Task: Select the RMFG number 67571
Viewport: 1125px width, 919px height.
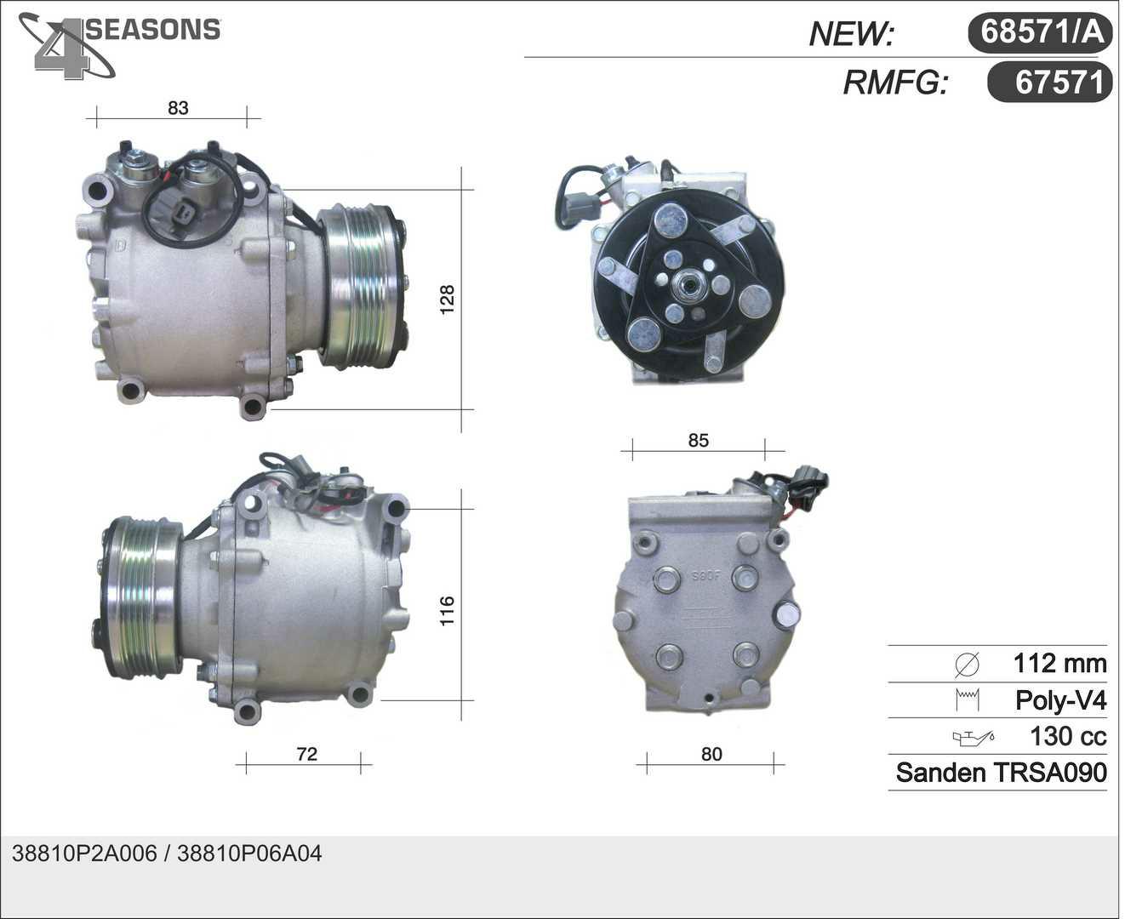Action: point(1059,83)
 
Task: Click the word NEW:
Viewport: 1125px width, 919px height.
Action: point(851,33)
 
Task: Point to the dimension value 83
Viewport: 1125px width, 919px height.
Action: point(178,108)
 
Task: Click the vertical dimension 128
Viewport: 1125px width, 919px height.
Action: point(447,300)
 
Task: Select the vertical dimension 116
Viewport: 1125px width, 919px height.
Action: point(447,611)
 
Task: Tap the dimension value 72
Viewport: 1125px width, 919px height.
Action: point(306,754)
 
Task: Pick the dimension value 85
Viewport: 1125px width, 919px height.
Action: point(699,440)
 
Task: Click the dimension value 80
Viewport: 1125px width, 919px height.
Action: point(711,754)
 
